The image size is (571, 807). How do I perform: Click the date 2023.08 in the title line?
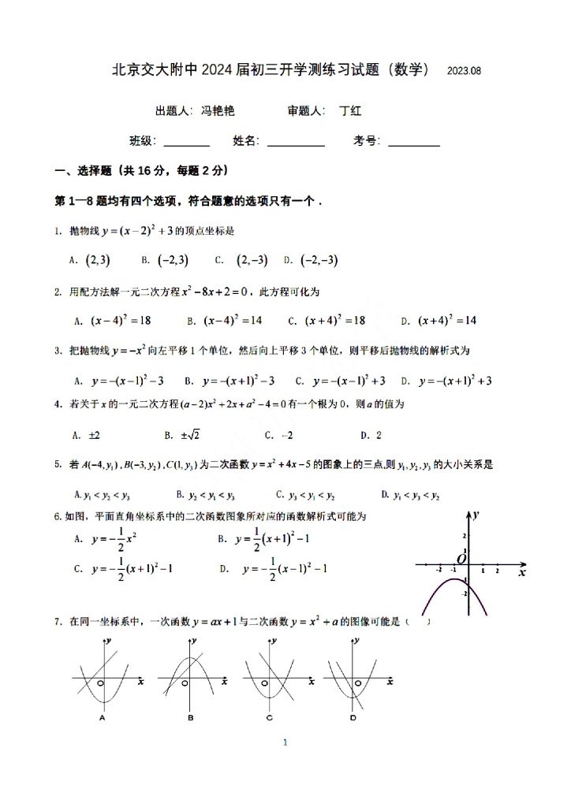click(x=464, y=71)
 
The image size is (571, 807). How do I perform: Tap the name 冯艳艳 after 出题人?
click(x=218, y=112)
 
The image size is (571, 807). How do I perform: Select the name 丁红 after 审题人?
click(x=349, y=112)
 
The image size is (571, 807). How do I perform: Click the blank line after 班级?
click(x=186, y=143)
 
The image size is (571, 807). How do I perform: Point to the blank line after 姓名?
click(x=296, y=143)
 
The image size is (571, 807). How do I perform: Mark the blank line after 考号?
click(x=414, y=143)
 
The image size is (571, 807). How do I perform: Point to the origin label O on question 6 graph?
click(x=462, y=558)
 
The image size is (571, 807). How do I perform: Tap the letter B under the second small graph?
click(x=191, y=718)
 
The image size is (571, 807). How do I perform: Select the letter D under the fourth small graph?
click(x=353, y=718)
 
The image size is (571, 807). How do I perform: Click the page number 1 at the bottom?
click(x=285, y=743)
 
